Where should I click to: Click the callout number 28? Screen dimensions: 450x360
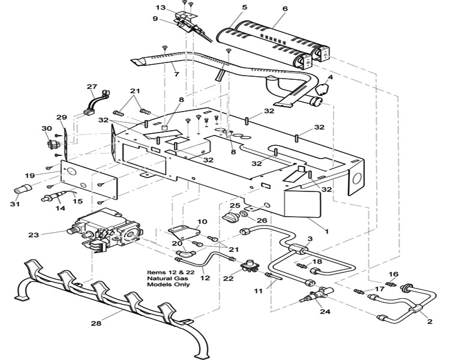point(96,323)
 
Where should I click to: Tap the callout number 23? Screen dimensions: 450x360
point(33,235)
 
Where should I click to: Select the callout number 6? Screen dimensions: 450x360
point(284,8)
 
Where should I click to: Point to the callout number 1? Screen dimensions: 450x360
point(326,231)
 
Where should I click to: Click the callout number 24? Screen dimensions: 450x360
point(326,311)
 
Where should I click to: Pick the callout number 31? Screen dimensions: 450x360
point(14,204)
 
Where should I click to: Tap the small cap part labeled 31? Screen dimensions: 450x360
point(22,189)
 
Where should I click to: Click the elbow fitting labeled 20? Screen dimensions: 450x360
point(187,253)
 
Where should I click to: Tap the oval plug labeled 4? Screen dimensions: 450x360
point(322,89)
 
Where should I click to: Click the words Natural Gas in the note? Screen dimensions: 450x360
point(169,278)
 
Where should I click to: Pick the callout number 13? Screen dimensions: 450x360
point(161,7)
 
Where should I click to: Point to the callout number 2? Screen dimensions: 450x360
point(430,322)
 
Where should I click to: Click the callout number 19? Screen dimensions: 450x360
point(30,175)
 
